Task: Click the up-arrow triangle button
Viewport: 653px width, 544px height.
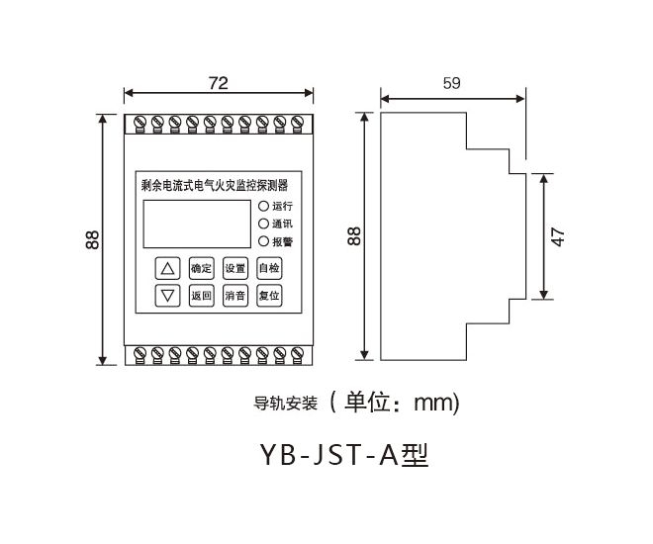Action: (168, 268)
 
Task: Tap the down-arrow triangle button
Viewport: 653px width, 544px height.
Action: (168, 295)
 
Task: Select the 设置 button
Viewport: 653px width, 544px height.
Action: (234, 268)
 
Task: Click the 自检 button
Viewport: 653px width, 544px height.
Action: (268, 268)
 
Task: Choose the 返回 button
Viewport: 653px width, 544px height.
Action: (201, 295)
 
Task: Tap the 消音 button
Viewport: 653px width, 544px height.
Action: (234, 295)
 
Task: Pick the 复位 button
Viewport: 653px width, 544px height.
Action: (268, 295)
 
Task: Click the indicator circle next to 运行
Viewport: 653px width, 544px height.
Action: (263, 207)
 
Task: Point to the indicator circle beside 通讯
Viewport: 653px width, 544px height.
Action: (263, 224)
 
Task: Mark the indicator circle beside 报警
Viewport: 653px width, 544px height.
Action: (263, 240)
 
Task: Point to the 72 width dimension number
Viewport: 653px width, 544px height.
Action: (219, 83)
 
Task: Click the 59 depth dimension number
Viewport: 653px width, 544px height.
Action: (451, 84)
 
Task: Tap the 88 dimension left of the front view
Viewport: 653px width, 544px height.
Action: (92, 238)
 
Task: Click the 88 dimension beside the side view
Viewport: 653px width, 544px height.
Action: (354, 235)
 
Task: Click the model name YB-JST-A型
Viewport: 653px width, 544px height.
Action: (343, 455)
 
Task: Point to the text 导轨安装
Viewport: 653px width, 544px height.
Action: (285, 403)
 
